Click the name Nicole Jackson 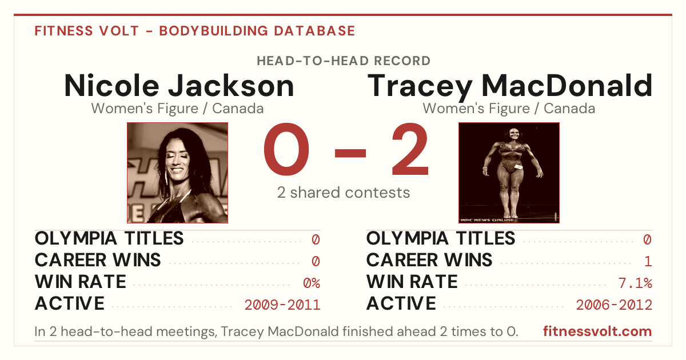179,86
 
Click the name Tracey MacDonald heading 509,87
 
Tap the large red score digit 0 286,149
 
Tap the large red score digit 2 410,149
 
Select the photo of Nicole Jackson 177,173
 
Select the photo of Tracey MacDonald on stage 509,173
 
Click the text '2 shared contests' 344,193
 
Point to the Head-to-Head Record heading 344,61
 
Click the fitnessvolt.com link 597,331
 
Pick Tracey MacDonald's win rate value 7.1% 635,283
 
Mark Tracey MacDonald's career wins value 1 648,261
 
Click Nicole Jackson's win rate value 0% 312,283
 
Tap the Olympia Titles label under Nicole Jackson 109,238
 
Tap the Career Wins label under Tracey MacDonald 429,260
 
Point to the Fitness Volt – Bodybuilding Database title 195,31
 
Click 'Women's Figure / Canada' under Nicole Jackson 177,109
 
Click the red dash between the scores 350,153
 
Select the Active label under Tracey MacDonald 401,303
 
